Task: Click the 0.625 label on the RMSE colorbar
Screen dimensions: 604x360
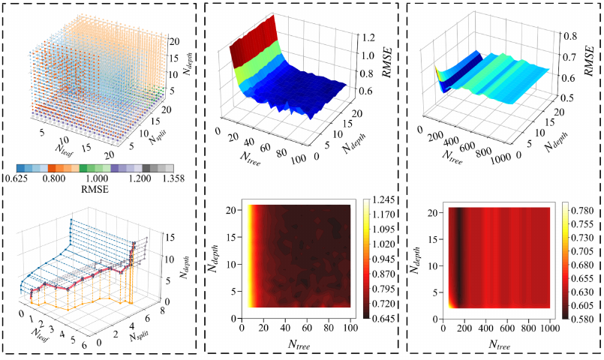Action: coord(15,178)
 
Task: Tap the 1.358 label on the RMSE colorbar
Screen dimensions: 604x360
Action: coord(172,178)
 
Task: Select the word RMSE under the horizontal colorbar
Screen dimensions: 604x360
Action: coord(95,189)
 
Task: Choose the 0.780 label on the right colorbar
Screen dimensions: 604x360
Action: coord(583,211)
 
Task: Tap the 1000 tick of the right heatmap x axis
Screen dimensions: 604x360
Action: coord(549,328)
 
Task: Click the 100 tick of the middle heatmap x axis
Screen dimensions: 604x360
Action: coord(350,328)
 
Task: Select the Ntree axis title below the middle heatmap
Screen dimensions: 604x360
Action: coord(299,344)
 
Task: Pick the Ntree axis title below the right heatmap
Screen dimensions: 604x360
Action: coord(500,344)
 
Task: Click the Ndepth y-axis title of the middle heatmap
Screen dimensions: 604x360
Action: coord(214,259)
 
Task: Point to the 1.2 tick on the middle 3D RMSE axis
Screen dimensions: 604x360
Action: coord(368,37)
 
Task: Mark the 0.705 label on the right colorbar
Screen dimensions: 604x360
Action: coord(583,251)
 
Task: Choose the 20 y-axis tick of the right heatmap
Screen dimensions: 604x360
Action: coord(432,211)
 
